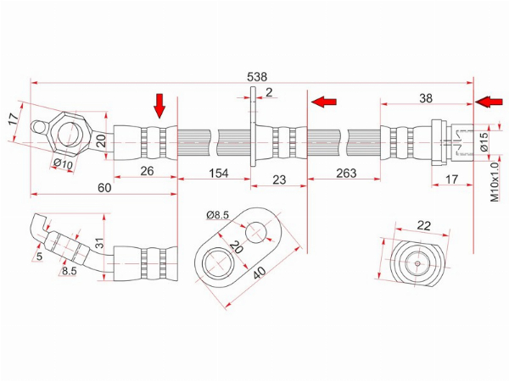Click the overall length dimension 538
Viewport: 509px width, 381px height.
coord(257,77)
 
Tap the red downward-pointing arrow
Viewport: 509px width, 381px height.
coord(159,106)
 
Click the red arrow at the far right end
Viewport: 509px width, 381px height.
coord(489,102)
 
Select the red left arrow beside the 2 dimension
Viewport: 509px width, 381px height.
coord(324,102)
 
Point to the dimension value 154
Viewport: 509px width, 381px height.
coord(219,173)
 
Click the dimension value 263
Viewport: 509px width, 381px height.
coord(346,173)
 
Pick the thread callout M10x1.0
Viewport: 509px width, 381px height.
coord(494,182)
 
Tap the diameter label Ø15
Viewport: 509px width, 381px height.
coord(484,141)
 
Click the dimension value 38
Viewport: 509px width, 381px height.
coord(426,98)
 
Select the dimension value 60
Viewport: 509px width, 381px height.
coord(104,187)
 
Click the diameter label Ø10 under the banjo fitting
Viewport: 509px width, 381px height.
coord(63,164)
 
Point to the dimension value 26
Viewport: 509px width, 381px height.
coord(147,171)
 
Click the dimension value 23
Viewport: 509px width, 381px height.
coord(279,179)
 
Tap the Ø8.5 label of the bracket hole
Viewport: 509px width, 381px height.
coord(217,214)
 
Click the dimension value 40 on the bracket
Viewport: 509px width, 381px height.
coord(260,273)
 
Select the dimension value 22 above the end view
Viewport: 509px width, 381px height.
coord(423,225)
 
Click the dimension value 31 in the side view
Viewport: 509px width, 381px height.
coord(99,243)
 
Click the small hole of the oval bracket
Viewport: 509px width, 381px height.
coord(256,232)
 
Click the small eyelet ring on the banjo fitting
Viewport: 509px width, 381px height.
coord(40,127)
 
